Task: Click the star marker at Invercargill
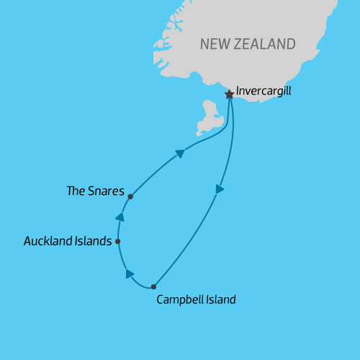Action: (229, 94)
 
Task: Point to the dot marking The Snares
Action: (130, 196)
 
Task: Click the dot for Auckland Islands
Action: (117, 242)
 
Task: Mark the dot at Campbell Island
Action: (153, 287)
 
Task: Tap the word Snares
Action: (107, 192)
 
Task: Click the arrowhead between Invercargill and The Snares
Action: (180, 153)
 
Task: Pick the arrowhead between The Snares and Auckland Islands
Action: (120, 217)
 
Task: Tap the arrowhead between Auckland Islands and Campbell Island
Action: (130, 274)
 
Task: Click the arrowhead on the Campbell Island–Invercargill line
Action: (220, 189)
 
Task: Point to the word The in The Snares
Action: (76, 192)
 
